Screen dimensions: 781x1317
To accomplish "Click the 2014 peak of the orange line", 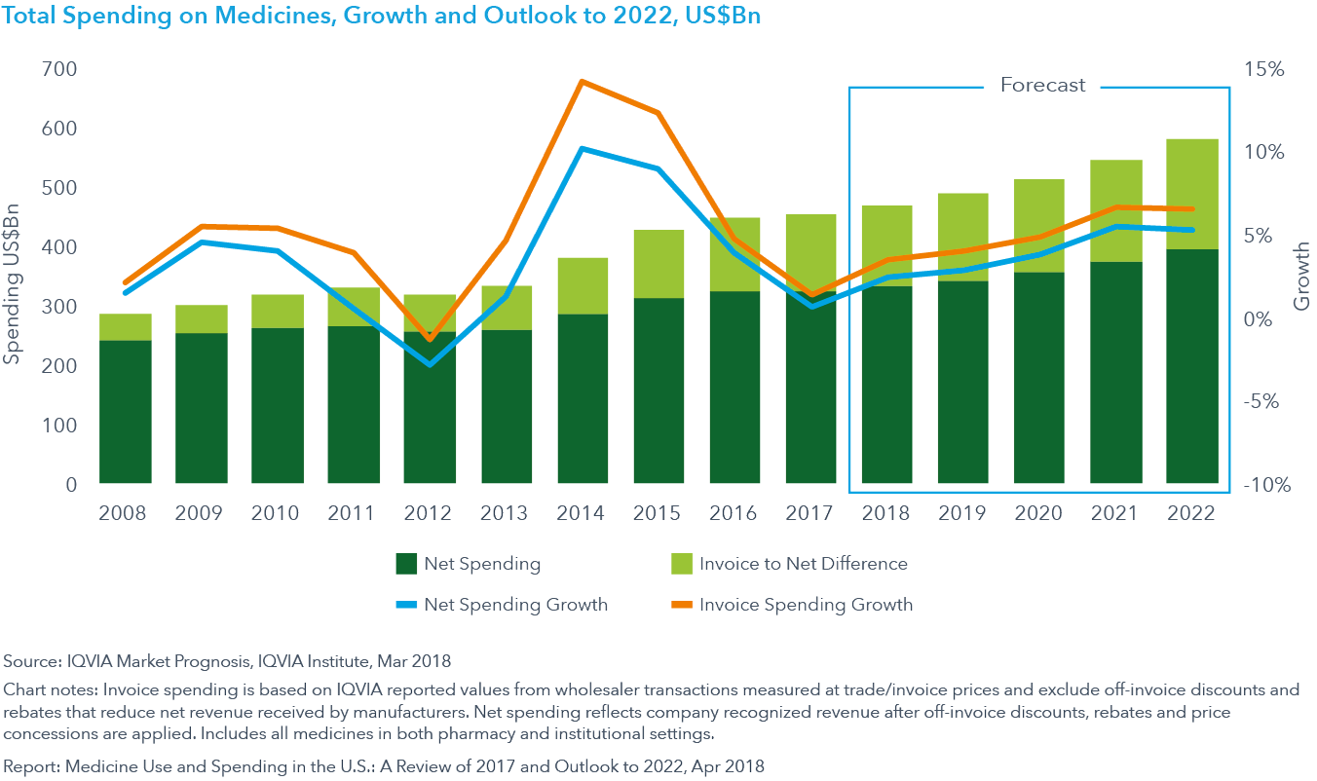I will coord(582,82).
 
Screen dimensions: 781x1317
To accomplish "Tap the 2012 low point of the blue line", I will coord(430,364).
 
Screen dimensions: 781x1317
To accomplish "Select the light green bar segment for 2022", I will coord(1191,194).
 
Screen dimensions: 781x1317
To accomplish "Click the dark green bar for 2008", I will coord(126,411).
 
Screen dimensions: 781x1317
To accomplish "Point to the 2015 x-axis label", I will coord(658,512).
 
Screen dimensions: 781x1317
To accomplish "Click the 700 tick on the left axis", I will coord(60,70).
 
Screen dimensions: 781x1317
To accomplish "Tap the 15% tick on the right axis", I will coord(1263,70).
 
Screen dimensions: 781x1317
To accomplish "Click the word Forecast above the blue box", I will coord(1042,86).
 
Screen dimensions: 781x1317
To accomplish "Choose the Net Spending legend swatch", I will coord(407,564).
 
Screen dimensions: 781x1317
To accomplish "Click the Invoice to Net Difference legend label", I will coord(803,564).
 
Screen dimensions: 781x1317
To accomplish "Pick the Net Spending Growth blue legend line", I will coord(407,605).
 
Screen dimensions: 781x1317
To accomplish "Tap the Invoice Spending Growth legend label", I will coord(806,605).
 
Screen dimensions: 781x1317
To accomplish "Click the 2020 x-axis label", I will coord(1038,512).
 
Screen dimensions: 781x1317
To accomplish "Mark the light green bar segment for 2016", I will coord(734,254).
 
